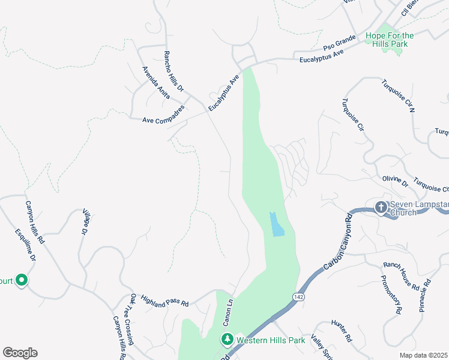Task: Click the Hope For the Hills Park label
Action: point(390,40)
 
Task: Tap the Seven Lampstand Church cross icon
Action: point(381,208)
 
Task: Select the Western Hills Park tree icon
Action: point(228,340)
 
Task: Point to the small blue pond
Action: point(276,225)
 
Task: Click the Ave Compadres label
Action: point(160,119)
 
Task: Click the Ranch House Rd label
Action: point(401,276)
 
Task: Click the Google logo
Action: point(20,353)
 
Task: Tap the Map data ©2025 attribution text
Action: point(424,355)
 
